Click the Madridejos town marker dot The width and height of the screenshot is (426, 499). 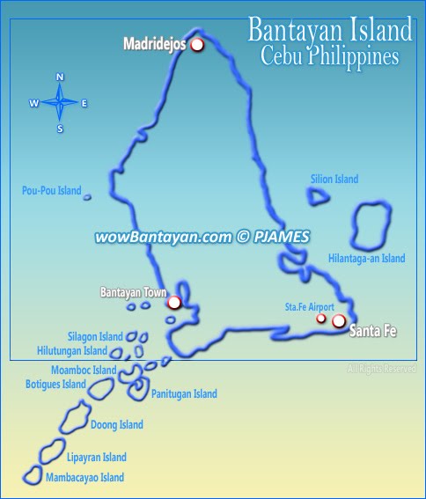(197, 44)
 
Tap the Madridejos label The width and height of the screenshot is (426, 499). (154, 43)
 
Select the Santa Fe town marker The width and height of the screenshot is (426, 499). (339, 320)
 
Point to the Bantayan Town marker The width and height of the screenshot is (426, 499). (174, 303)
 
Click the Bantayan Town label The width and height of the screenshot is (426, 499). (134, 291)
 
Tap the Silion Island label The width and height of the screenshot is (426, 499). (334, 180)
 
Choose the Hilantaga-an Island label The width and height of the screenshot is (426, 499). (366, 258)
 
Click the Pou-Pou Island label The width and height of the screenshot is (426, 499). (51, 190)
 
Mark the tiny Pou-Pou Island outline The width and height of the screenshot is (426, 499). (87, 197)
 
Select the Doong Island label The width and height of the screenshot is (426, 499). (116, 425)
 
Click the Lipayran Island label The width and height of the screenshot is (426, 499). (96, 458)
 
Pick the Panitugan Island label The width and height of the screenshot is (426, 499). (184, 394)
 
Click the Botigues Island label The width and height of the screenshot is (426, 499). (55, 385)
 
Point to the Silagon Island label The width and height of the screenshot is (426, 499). (95, 337)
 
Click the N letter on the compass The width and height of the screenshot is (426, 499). (60, 77)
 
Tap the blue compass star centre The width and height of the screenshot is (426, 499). (60, 103)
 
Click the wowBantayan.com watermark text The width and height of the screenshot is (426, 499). (202, 237)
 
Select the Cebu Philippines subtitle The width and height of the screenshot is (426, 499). (330, 55)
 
